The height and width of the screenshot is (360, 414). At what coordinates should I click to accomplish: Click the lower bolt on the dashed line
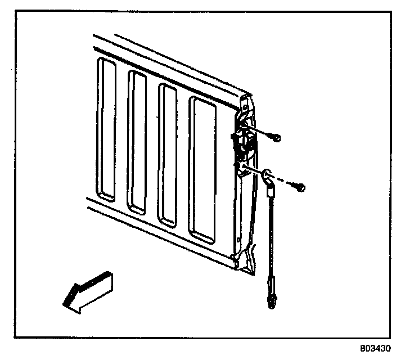click(x=301, y=187)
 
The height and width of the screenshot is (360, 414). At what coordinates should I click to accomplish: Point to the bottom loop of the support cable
click(x=272, y=302)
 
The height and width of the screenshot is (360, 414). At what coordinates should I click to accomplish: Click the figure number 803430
click(x=375, y=348)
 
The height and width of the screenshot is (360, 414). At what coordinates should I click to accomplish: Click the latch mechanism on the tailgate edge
click(x=244, y=143)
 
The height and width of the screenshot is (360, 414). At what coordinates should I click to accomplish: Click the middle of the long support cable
click(x=271, y=236)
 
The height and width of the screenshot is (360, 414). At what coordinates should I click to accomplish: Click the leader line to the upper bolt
click(x=262, y=133)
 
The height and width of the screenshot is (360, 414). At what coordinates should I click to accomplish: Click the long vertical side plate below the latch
click(x=241, y=208)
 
